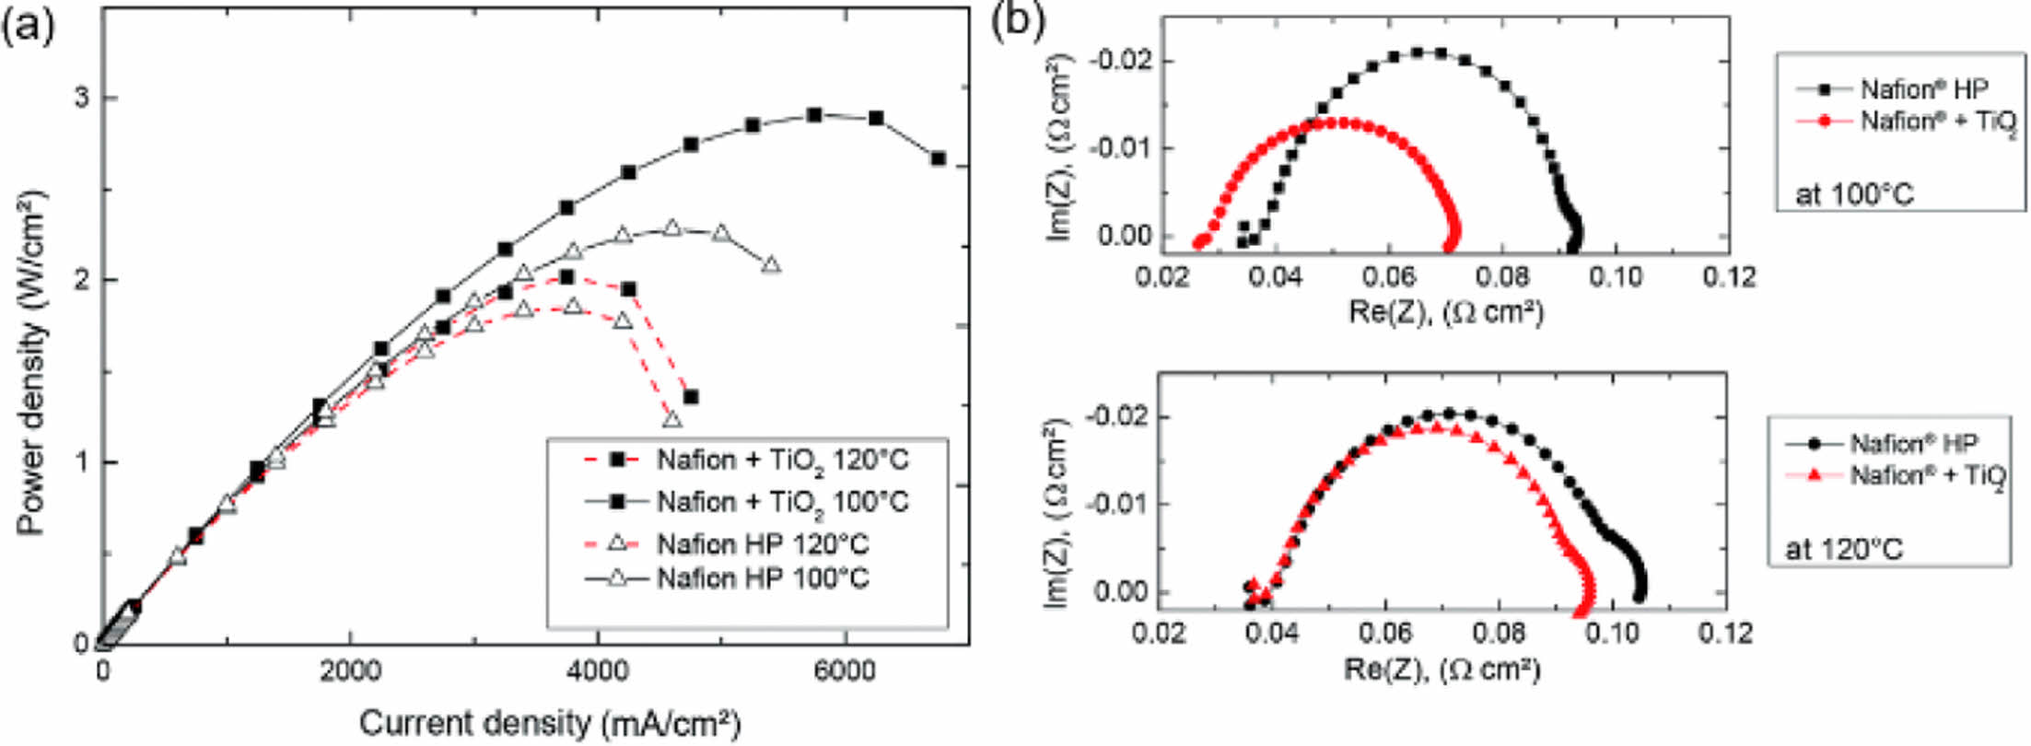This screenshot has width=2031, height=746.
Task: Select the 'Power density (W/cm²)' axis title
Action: coord(31,364)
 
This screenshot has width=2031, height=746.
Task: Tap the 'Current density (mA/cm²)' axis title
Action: coord(550,723)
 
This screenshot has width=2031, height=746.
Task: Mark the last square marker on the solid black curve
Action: coord(939,158)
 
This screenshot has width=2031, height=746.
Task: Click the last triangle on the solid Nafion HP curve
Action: coord(771,265)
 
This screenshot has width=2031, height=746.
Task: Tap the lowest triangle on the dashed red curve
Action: coord(672,419)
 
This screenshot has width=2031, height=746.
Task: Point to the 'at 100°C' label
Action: coord(1853,194)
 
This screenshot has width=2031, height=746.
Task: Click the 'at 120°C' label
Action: coord(1844,549)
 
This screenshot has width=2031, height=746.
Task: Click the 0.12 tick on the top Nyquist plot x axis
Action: coord(1728,276)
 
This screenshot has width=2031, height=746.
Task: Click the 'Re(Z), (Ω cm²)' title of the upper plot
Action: coord(1445,312)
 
